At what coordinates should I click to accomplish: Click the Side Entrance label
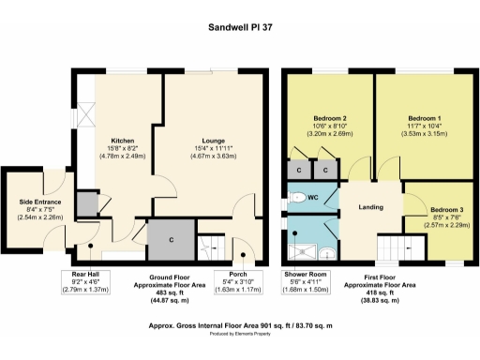coord(39,202)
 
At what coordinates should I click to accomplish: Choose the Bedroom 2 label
coord(329,119)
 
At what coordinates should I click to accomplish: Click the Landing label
coord(370,206)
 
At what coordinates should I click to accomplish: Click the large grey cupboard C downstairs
coord(172,239)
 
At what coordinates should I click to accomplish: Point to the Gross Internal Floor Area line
coord(240,326)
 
